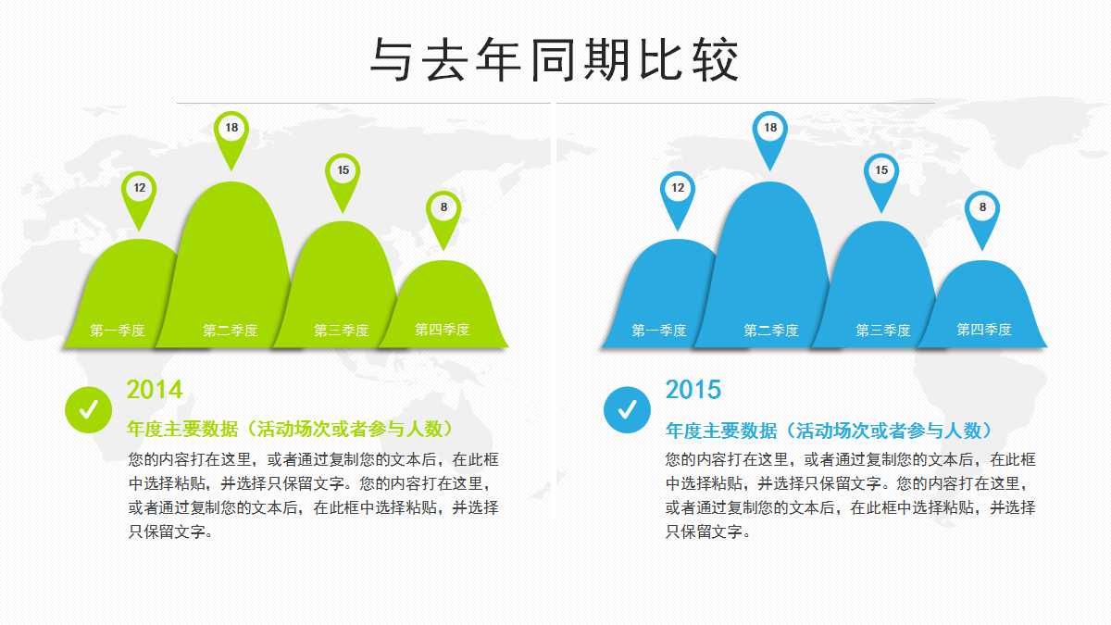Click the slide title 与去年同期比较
(x=555, y=62)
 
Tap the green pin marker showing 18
(x=231, y=130)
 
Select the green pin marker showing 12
(x=140, y=190)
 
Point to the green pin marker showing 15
(x=343, y=172)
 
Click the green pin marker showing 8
(x=443, y=209)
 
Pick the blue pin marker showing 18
(x=770, y=130)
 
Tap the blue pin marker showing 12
(x=678, y=190)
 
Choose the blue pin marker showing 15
(x=881, y=172)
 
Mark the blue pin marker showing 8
(x=982, y=209)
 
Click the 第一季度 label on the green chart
(x=118, y=331)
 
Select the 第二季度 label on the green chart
(x=231, y=331)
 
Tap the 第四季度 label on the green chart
(x=442, y=331)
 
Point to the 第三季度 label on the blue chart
(x=882, y=331)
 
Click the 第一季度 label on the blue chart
(x=659, y=331)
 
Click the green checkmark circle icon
(x=89, y=409)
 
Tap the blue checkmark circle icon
(x=627, y=409)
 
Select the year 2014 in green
(x=155, y=390)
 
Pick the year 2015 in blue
(x=693, y=390)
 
